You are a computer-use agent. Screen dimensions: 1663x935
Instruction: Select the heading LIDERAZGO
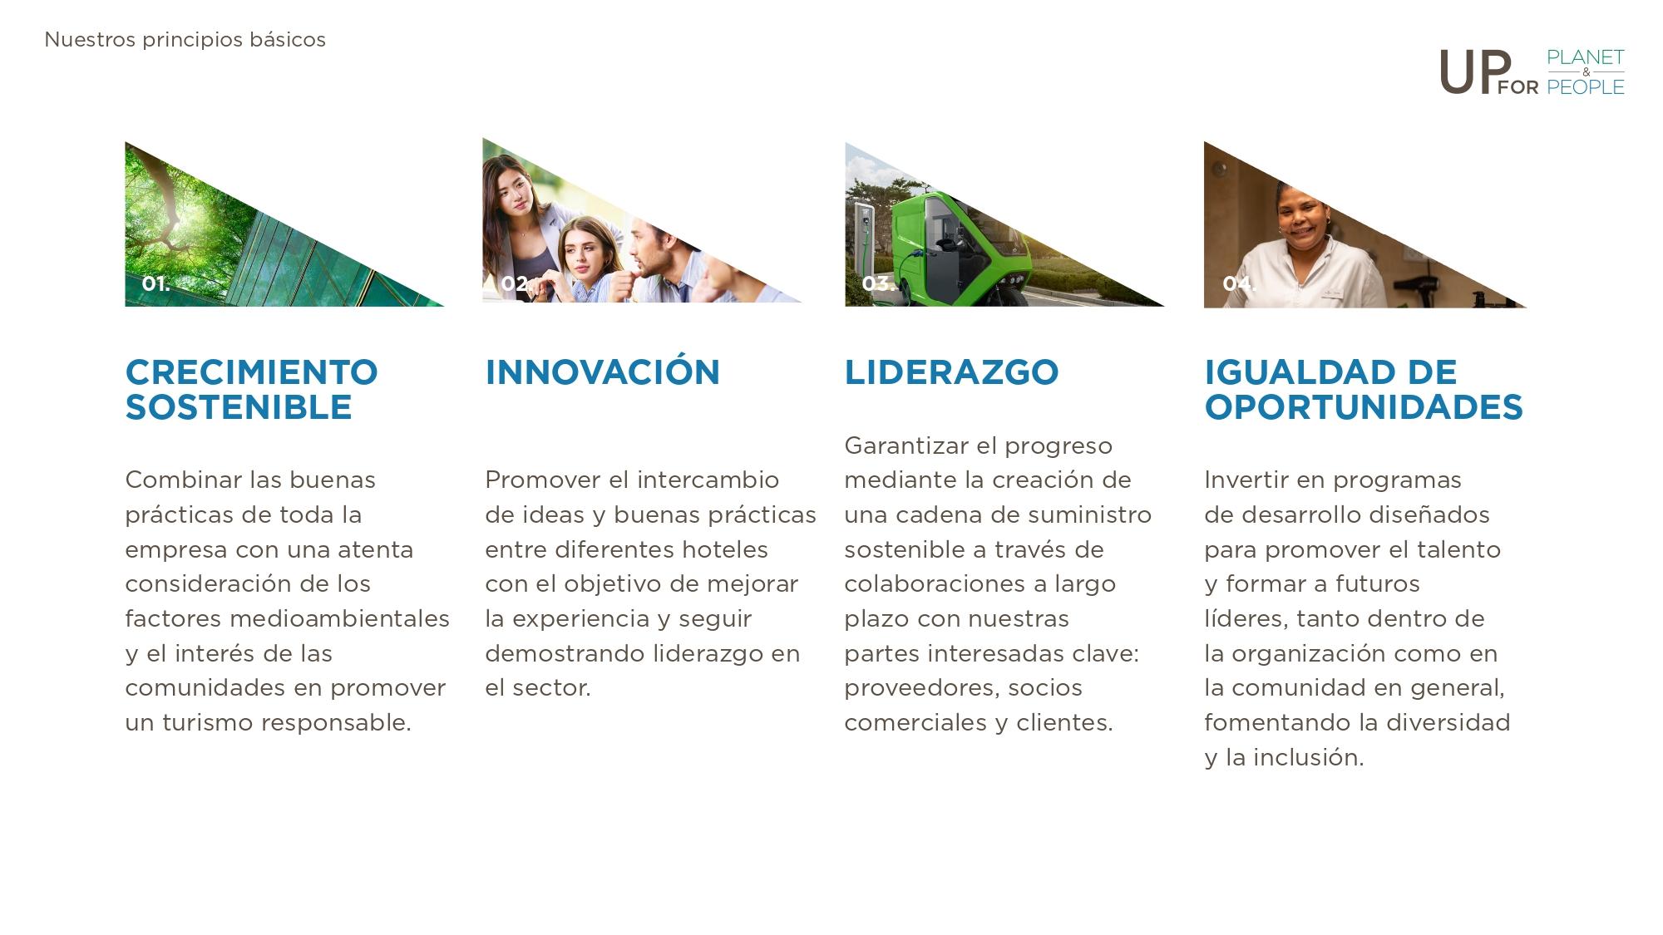click(x=951, y=372)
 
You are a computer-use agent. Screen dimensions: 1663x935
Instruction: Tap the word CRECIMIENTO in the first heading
click(x=251, y=372)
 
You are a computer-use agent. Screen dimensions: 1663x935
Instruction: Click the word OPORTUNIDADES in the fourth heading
click(x=1364, y=407)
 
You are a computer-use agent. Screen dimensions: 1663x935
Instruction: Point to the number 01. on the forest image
click(x=155, y=283)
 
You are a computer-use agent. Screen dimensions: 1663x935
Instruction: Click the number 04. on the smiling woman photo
click(x=1238, y=283)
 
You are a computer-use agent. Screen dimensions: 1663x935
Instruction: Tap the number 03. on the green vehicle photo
click(x=878, y=283)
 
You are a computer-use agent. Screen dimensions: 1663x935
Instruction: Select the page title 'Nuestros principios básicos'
click(x=185, y=40)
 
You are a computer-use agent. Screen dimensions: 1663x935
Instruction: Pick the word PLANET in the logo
click(x=1586, y=57)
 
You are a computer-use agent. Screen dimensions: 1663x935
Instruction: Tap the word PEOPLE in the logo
click(x=1586, y=87)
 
